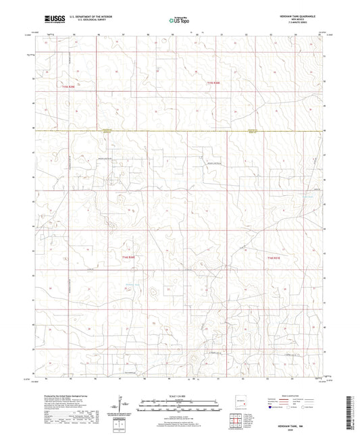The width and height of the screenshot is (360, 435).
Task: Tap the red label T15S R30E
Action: (x=213, y=82)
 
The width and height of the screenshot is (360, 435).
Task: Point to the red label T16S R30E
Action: (x=129, y=257)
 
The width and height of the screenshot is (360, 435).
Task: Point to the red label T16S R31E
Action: (x=272, y=257)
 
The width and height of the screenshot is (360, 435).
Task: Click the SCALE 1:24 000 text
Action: (x=179, y=396)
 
